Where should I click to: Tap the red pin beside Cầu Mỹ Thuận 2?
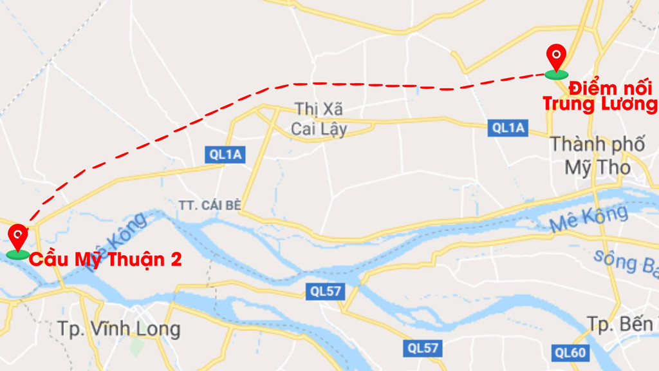[x=18, y=236]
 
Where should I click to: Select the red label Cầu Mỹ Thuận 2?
[x=106, y=260]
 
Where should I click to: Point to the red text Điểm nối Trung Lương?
[x=600, y=97]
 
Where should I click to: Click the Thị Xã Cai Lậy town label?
[x=319, y=119]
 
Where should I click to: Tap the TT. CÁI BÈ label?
[x=209, y=205]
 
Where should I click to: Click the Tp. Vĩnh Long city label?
[x=119, y=328]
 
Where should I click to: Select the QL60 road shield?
[x=570, y=352]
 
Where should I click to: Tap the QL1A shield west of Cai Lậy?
[x=226, y=154]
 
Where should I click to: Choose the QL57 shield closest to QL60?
[x=422, y=348]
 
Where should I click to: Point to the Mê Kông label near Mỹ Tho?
[x=589, y=220]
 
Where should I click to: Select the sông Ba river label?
[x=624, y=260]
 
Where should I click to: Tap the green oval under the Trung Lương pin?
[x=556, y=75]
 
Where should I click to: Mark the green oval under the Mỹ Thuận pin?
[x=18, y=254]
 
